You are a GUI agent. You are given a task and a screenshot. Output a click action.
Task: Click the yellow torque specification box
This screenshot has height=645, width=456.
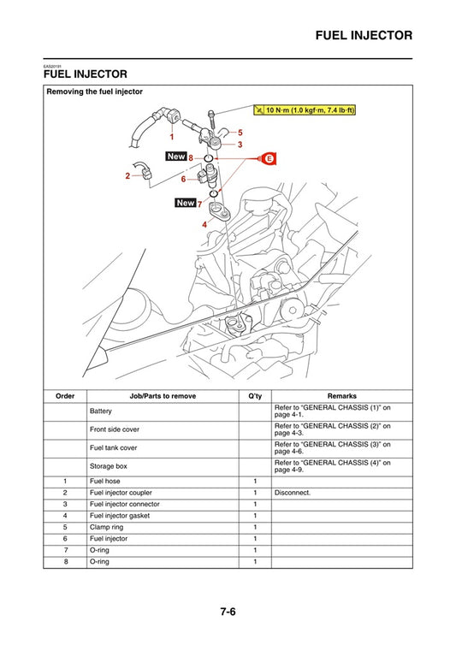pyautogui.click(x=305, y=110)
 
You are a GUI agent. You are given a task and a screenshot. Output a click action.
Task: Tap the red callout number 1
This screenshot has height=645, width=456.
pyautogui.click(x=171, y=136)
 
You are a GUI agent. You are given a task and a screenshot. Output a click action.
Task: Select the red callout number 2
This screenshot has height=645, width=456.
pyautogui.click(x=127, y=175)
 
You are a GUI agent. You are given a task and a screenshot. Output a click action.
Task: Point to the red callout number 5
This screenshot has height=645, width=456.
pyautogui.click(x=240, y=132)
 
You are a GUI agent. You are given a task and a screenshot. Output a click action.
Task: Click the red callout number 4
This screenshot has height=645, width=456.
pyautogui.click(x=204, y=223)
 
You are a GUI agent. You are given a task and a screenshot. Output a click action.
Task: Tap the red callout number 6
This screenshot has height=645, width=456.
pyautogui.click(x=183, y=179)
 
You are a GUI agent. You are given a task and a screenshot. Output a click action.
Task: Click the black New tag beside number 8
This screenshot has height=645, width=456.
pyautogui.click(x=176, y=157)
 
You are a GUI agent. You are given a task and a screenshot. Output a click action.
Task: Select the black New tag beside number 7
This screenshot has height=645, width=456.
pyautogui.click(x=186, y=203)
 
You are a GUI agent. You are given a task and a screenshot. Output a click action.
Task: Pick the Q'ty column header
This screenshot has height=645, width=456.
pyautogui.click(x=254, y=396)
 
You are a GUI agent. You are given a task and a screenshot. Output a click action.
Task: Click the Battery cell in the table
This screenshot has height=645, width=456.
pyautogui.click(x=101, y=412)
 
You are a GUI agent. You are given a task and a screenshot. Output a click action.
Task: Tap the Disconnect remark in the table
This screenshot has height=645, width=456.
pyautogui.click(x=293, y=493)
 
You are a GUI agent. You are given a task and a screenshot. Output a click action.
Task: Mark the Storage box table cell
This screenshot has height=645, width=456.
pyautogui.click(x=108, y=466)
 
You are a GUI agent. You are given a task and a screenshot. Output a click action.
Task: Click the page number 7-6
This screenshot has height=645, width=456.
pyautogui.click(x=228, y=611)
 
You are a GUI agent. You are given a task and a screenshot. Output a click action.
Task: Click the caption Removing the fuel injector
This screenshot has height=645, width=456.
pyautogui.click(x=95, y=91)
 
